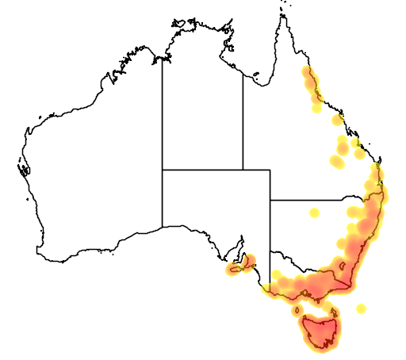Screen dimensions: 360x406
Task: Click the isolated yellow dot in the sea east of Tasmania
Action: click(362, 308)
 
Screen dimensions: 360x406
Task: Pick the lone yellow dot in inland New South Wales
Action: click(315, 213)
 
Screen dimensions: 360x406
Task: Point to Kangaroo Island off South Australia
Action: click(236, 270)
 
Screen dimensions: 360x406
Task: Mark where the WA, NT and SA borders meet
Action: click(163, 170)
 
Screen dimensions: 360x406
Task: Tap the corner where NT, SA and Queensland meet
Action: click(243, 170)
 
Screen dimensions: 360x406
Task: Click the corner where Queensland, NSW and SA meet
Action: click(270, 200)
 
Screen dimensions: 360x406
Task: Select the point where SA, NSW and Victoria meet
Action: click(270, 252)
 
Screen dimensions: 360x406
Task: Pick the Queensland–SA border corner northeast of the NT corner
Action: click(270, 170)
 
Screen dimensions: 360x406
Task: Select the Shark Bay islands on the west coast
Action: click(22, 167)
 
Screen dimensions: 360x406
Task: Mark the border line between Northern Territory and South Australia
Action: click(202, 170)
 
